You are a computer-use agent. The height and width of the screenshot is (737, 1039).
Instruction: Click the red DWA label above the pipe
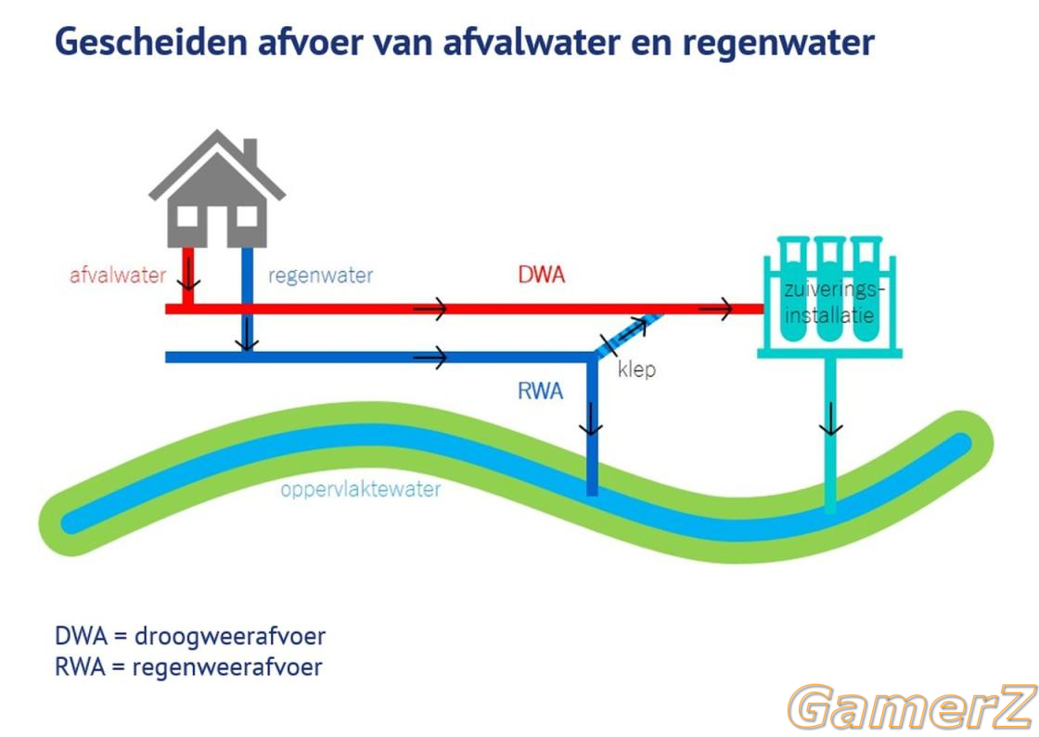click(542, 275)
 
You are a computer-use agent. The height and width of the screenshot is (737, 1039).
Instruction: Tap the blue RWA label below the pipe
click(541, 391)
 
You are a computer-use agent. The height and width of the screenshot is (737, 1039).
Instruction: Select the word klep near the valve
click(636, 369)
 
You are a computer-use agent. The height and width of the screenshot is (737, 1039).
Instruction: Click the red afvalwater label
click(118, 275)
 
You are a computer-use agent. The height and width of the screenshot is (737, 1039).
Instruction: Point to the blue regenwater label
click(321, 276)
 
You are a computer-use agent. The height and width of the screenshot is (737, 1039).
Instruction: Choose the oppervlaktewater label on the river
click(361, 490)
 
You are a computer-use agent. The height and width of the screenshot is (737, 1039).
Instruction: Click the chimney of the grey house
click(250, 154)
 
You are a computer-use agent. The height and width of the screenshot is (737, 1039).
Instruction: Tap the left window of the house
click(187, 216)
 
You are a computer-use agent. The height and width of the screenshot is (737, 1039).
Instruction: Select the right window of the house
click(247, 216)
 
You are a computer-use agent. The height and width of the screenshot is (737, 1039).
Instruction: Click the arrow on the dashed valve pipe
click(633, 329)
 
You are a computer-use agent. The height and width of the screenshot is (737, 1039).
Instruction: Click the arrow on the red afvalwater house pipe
click(188, 274)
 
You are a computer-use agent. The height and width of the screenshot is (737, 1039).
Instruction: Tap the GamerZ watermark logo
click(912, 707)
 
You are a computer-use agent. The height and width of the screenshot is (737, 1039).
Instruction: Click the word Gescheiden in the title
click(151, 42)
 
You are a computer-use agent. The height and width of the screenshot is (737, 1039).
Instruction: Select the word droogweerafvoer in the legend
click(230, 636)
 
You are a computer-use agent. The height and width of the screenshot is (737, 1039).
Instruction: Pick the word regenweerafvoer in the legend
click(227, 666)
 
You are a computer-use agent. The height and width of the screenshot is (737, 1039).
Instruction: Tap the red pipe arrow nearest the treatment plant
click(715, 308)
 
